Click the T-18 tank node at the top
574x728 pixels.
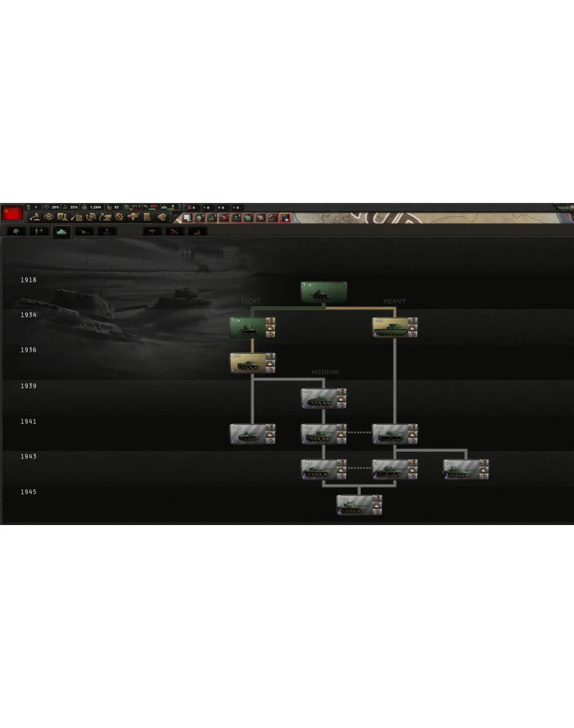click(x=324, y=292)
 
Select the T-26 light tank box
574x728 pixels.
click(x=252, y=328)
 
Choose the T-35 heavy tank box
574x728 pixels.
click(x=395, y=328)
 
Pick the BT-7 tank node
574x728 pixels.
click(x=252, y=363)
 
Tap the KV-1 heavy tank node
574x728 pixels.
click(x=395, y=434)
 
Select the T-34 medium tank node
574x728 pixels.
click(x=324, y=434)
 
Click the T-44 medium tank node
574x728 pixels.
click(x=324, y=469)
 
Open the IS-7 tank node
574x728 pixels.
click(x=466, y=469)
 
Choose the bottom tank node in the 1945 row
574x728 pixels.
click(x=359, y=505)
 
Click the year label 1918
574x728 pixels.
click(x=28, y=280)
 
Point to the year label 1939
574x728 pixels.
click(x=28, y=386)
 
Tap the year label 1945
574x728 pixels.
click(x=28, y=492)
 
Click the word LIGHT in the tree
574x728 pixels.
click(x=251, y=301)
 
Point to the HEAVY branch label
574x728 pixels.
click(x=394, y=301)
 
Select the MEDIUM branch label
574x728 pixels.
click(x=325, y=372)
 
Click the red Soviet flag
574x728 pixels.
click(x=12, y=213)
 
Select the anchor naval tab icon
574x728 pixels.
click(x=107, y=231)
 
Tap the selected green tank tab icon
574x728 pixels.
click(x=61, y=231)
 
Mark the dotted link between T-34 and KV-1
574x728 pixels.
click(x=359, y=432)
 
